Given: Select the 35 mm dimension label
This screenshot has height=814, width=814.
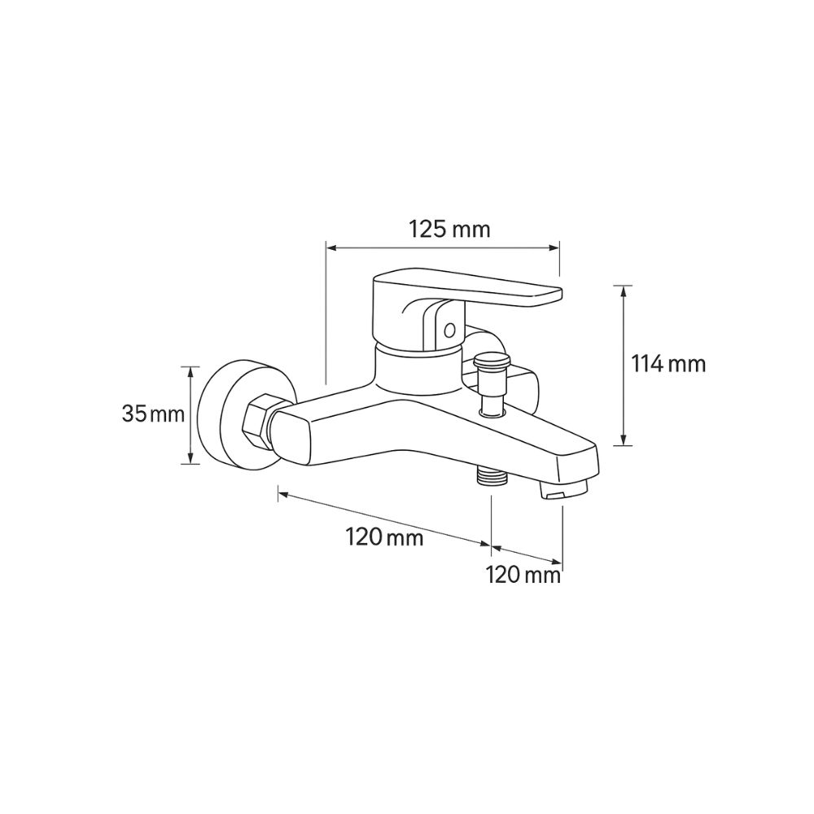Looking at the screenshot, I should (153, 414).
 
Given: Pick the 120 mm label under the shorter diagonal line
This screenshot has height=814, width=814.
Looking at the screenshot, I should (523, 575).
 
